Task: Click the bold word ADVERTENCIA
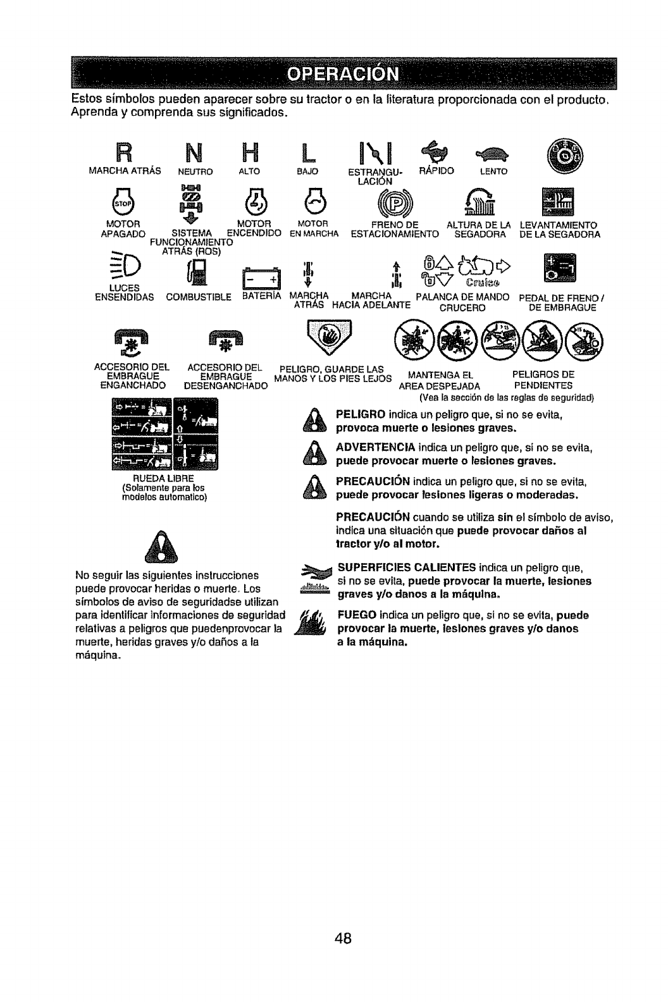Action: [371, 448]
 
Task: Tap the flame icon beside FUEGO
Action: [314, 623]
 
